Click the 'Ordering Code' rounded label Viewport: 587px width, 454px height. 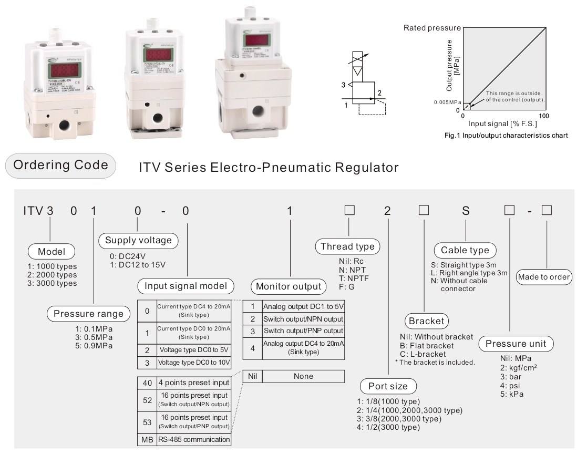click(x=60, y=165)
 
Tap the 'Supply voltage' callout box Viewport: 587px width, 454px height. click(x=138, y=241)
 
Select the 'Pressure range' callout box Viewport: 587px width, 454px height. click(x=88, y=314)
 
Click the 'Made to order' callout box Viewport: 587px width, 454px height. click(x=543, y=276)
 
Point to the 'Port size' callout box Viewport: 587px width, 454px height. click(x=388, y=386)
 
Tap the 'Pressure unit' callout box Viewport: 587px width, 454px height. click(x=516, y=344)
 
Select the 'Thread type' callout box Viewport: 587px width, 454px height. click(x=347, y=246)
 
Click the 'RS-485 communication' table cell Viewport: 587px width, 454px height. click(x=193, y=439)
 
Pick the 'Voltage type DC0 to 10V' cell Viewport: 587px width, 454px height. click(x=193, y=363)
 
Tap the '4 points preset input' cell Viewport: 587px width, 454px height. click(x=193, y=383)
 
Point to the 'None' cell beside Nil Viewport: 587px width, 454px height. click(x=303, y=376)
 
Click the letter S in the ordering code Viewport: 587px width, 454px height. click(x=465, y=211)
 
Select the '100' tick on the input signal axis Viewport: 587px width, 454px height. click(x=544, y=115)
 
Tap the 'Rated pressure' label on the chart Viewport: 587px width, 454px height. click(x=432, y=28)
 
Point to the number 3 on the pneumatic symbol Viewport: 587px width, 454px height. click(x=343, y=84)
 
